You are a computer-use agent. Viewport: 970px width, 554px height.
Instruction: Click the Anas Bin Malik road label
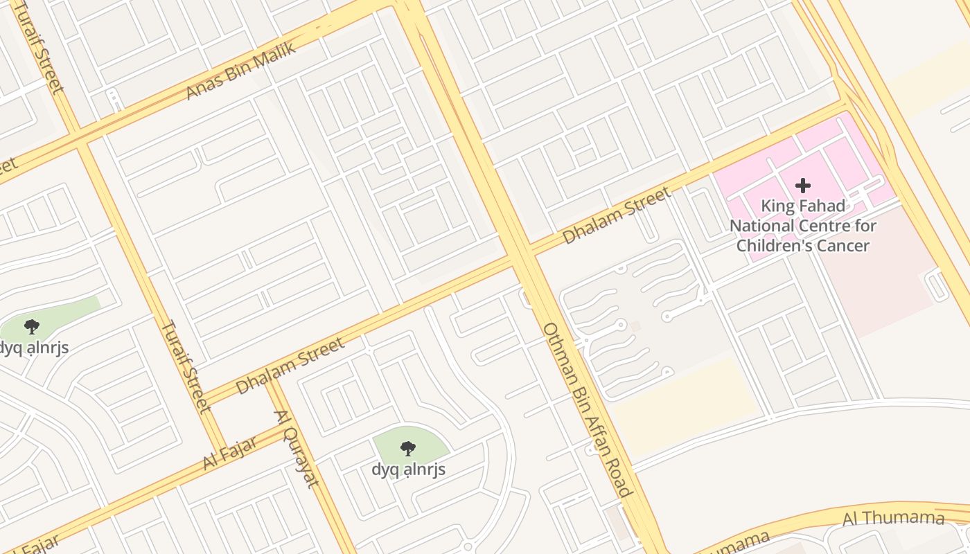coord(240,71)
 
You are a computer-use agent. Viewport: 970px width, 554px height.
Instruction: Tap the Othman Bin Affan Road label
coord(588,409)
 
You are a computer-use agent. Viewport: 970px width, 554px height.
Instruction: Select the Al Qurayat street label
coord(297,449)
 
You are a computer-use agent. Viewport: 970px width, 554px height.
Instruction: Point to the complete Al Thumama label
coord(893,518)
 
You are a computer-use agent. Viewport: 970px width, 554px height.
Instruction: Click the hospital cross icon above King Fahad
coord(803,186)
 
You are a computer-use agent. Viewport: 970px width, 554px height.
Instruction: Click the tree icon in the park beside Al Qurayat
coord(408,449)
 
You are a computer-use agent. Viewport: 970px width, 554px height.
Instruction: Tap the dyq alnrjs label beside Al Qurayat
coord(408,470)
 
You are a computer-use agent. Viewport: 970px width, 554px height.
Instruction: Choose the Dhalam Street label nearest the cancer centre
coord(616,215)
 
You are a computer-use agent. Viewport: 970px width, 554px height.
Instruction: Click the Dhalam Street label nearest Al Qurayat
coord(290,366)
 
